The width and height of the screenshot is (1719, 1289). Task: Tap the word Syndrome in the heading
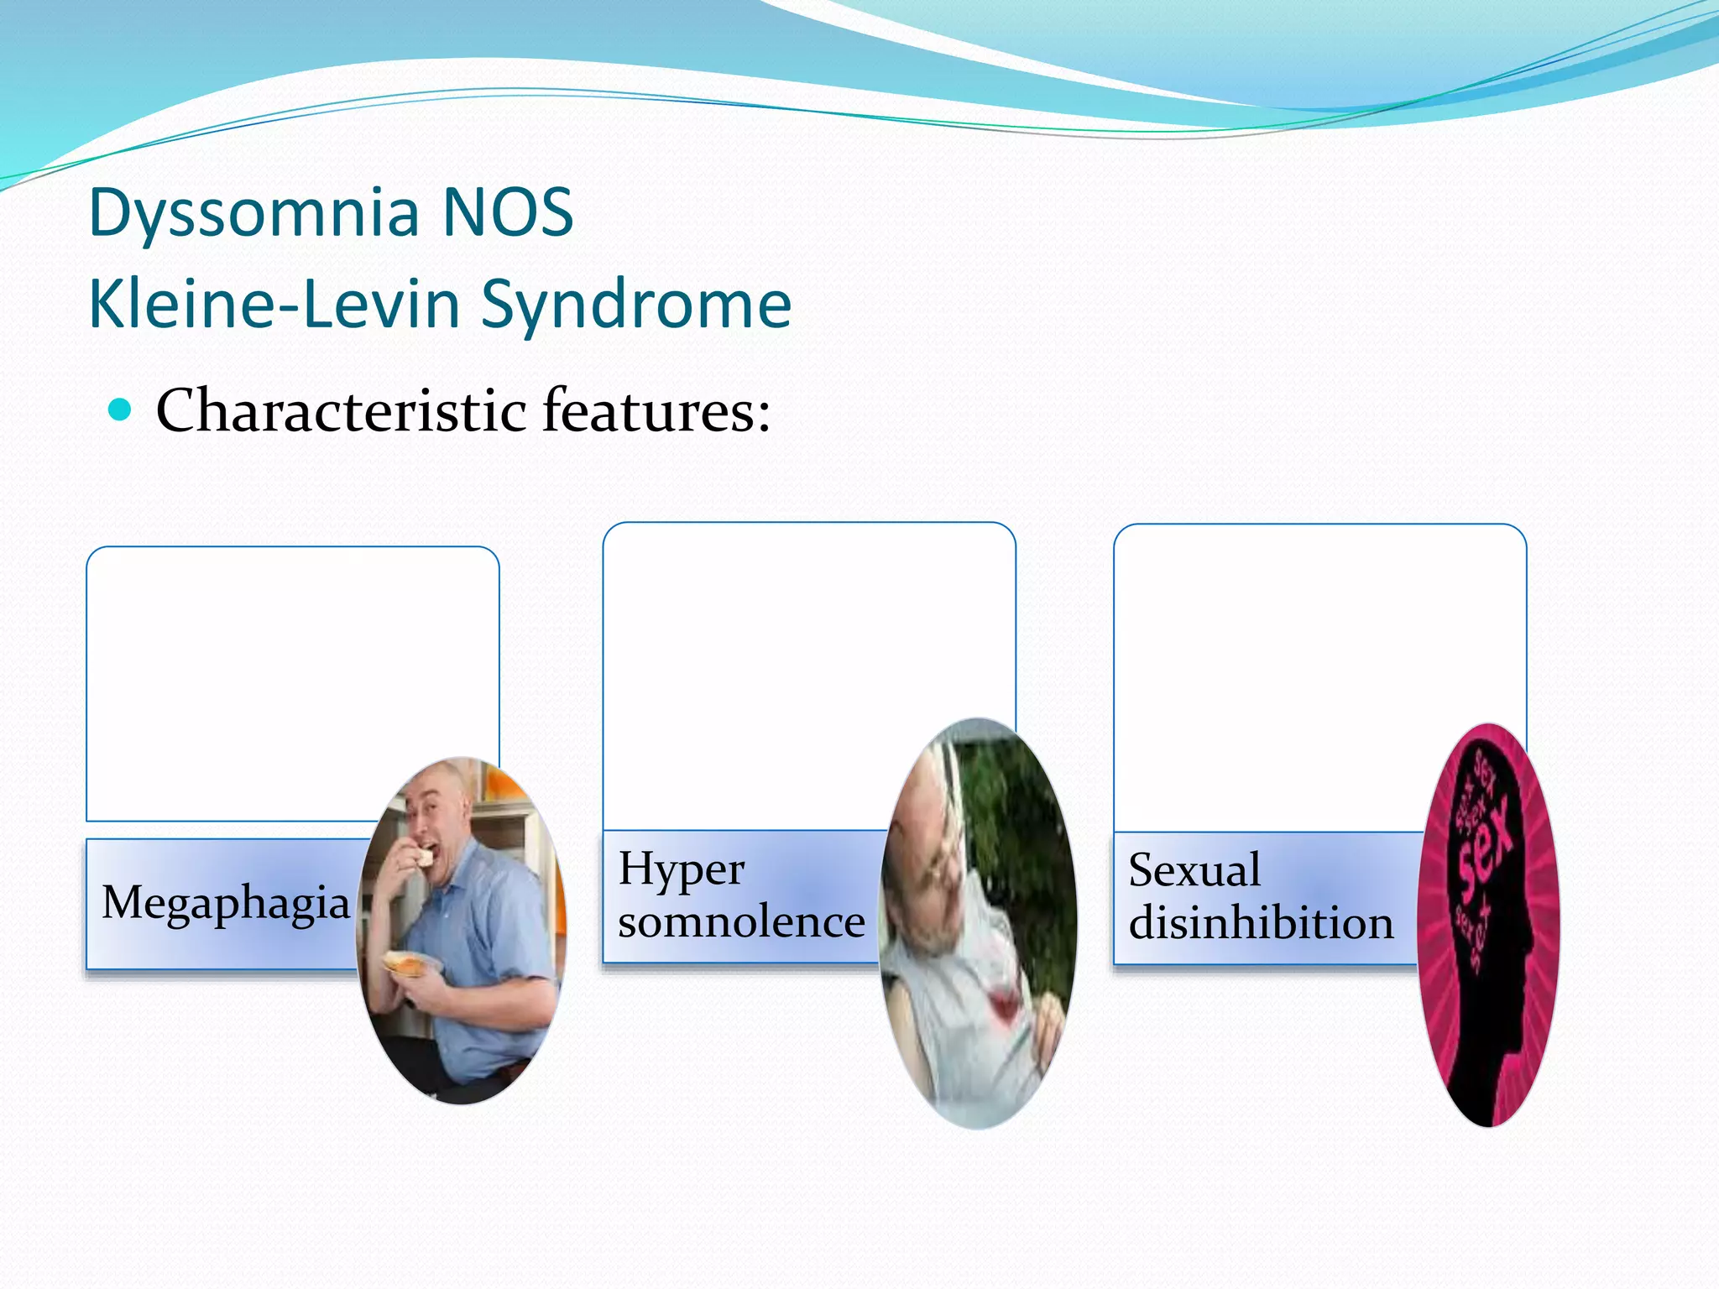coord(636,305)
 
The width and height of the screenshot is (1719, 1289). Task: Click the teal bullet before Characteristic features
coord(121,410)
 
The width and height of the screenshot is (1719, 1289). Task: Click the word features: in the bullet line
coord(656,411)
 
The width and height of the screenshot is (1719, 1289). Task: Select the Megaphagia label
coord(225,904)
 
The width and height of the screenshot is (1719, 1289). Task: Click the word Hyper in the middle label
coord(681,869)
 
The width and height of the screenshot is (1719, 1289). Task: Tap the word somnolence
coord(741,922)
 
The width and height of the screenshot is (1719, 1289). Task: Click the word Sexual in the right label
coord(1194,870)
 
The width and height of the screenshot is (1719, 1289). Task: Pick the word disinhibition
coord(1261,923)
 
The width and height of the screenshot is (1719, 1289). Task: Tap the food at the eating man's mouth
coord(426,858)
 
